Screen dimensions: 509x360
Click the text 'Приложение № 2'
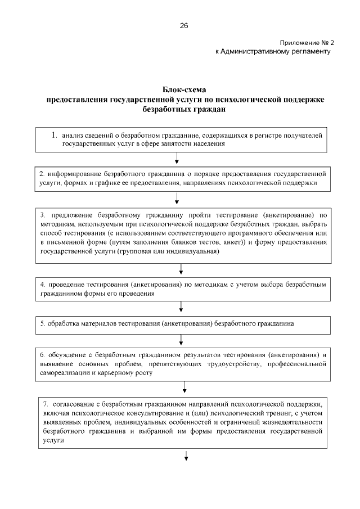click(306, 43)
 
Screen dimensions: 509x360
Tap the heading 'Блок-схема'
click(184, 90)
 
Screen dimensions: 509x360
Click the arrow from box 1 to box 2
click(177, 160)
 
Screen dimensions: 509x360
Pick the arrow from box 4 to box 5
click(181, 308)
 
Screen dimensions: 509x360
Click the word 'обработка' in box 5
click(61, 325)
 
